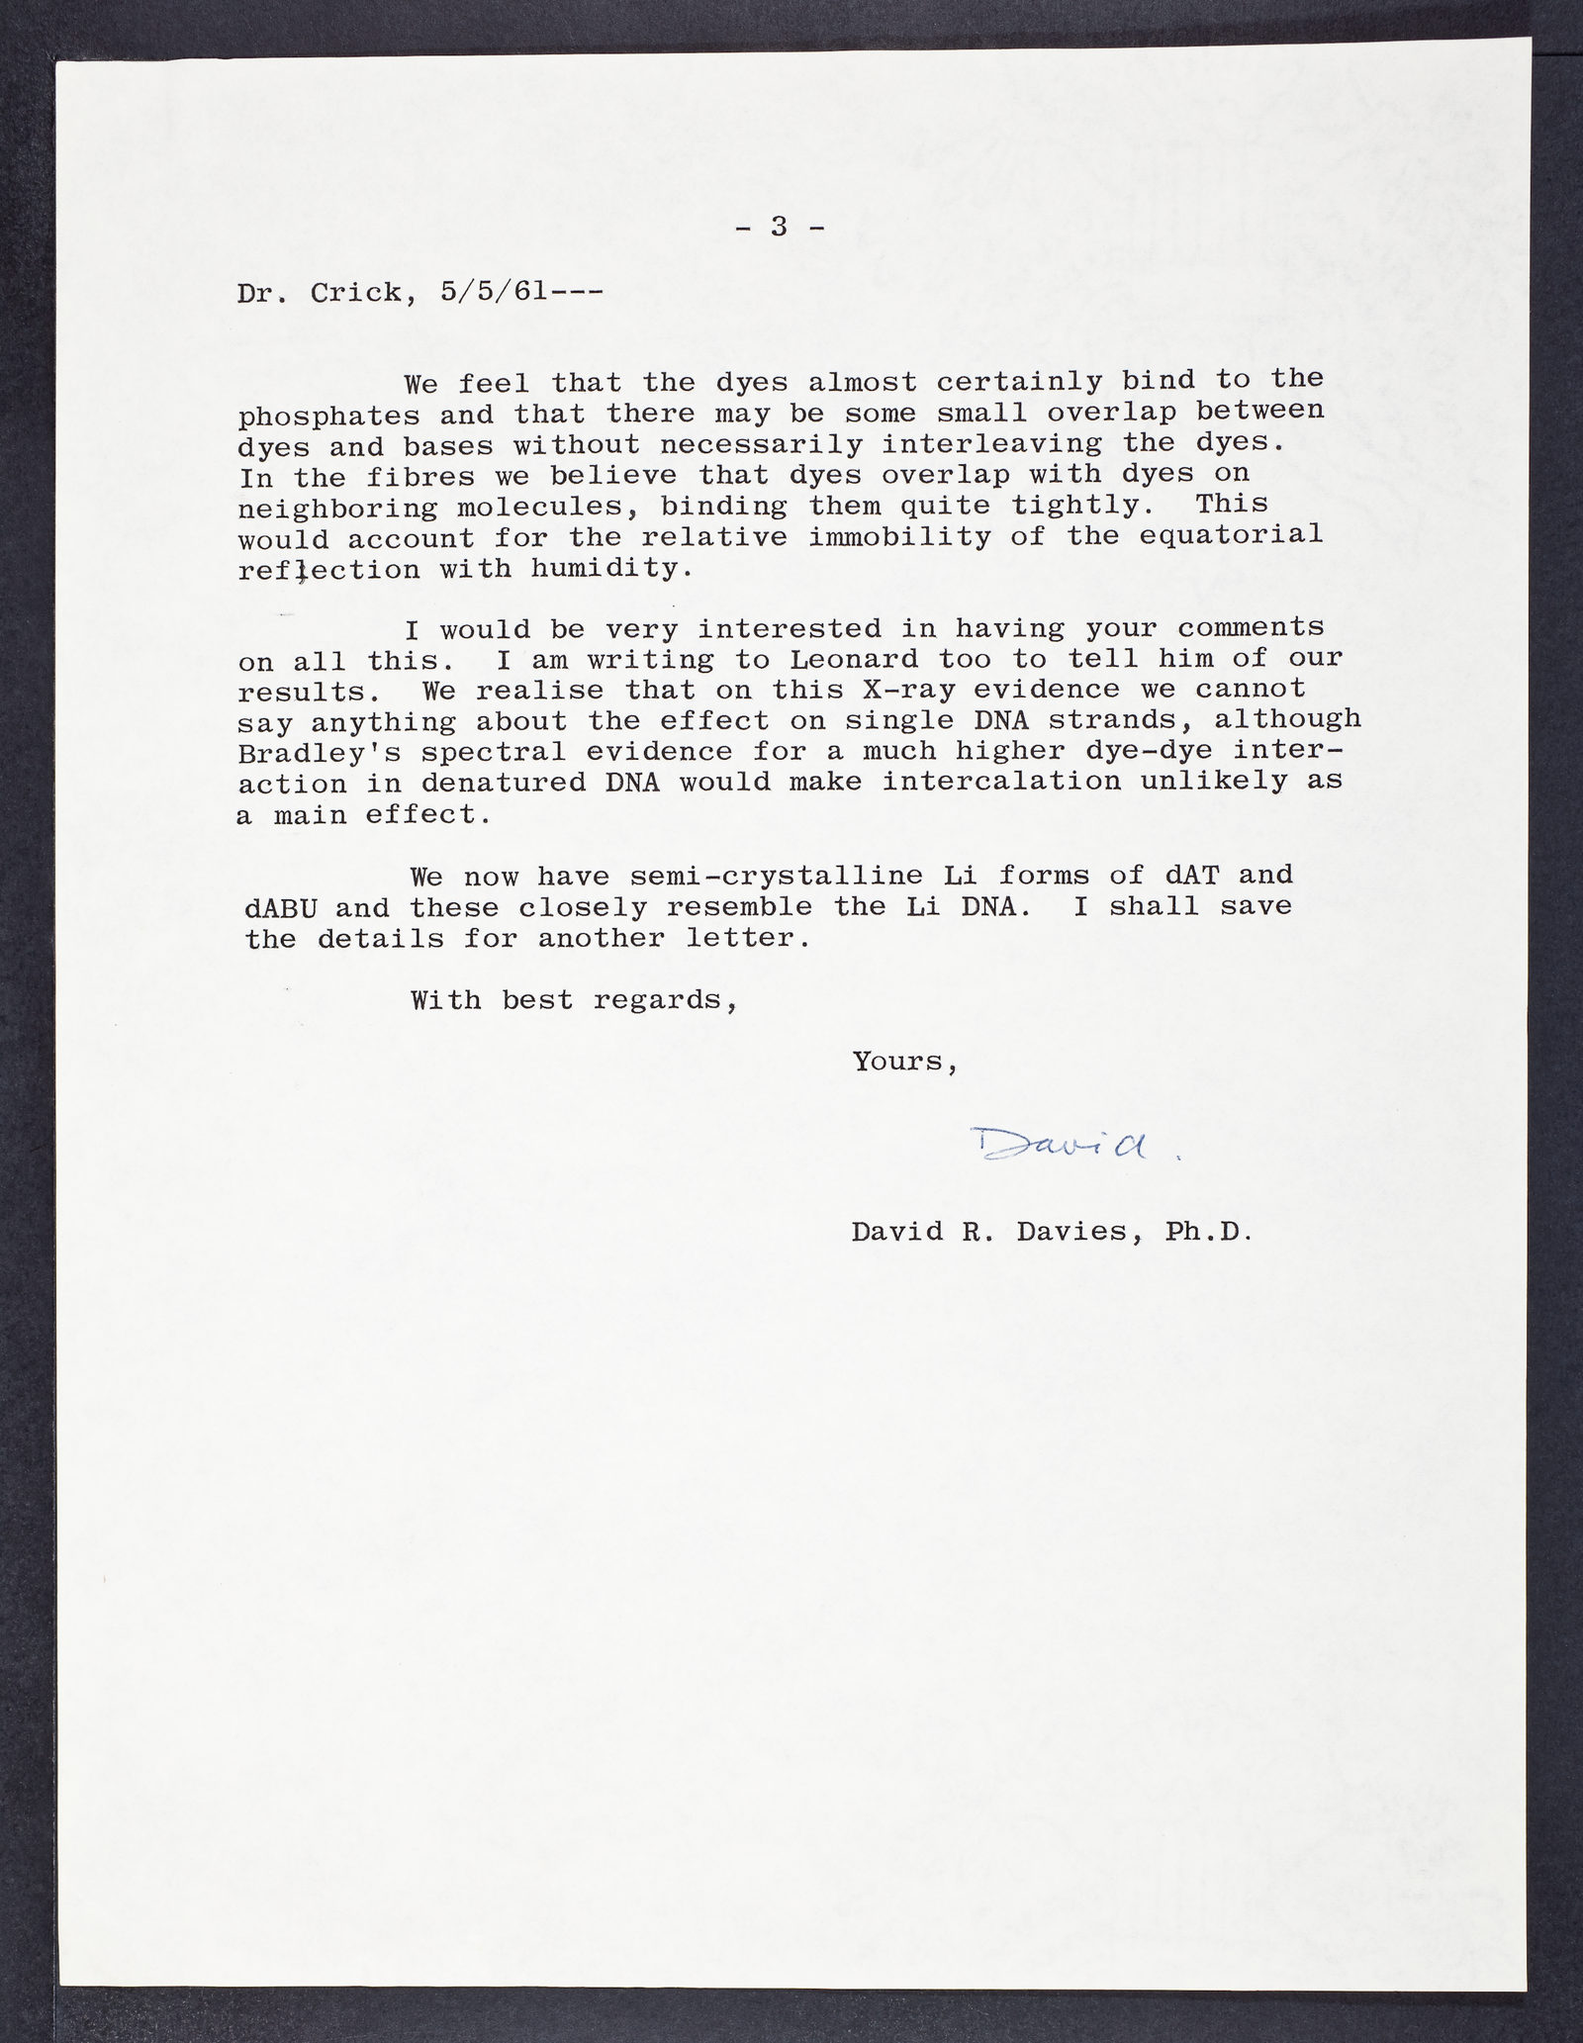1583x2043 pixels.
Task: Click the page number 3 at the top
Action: coord(779,229)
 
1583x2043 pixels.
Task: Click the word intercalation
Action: coord(1001,783)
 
